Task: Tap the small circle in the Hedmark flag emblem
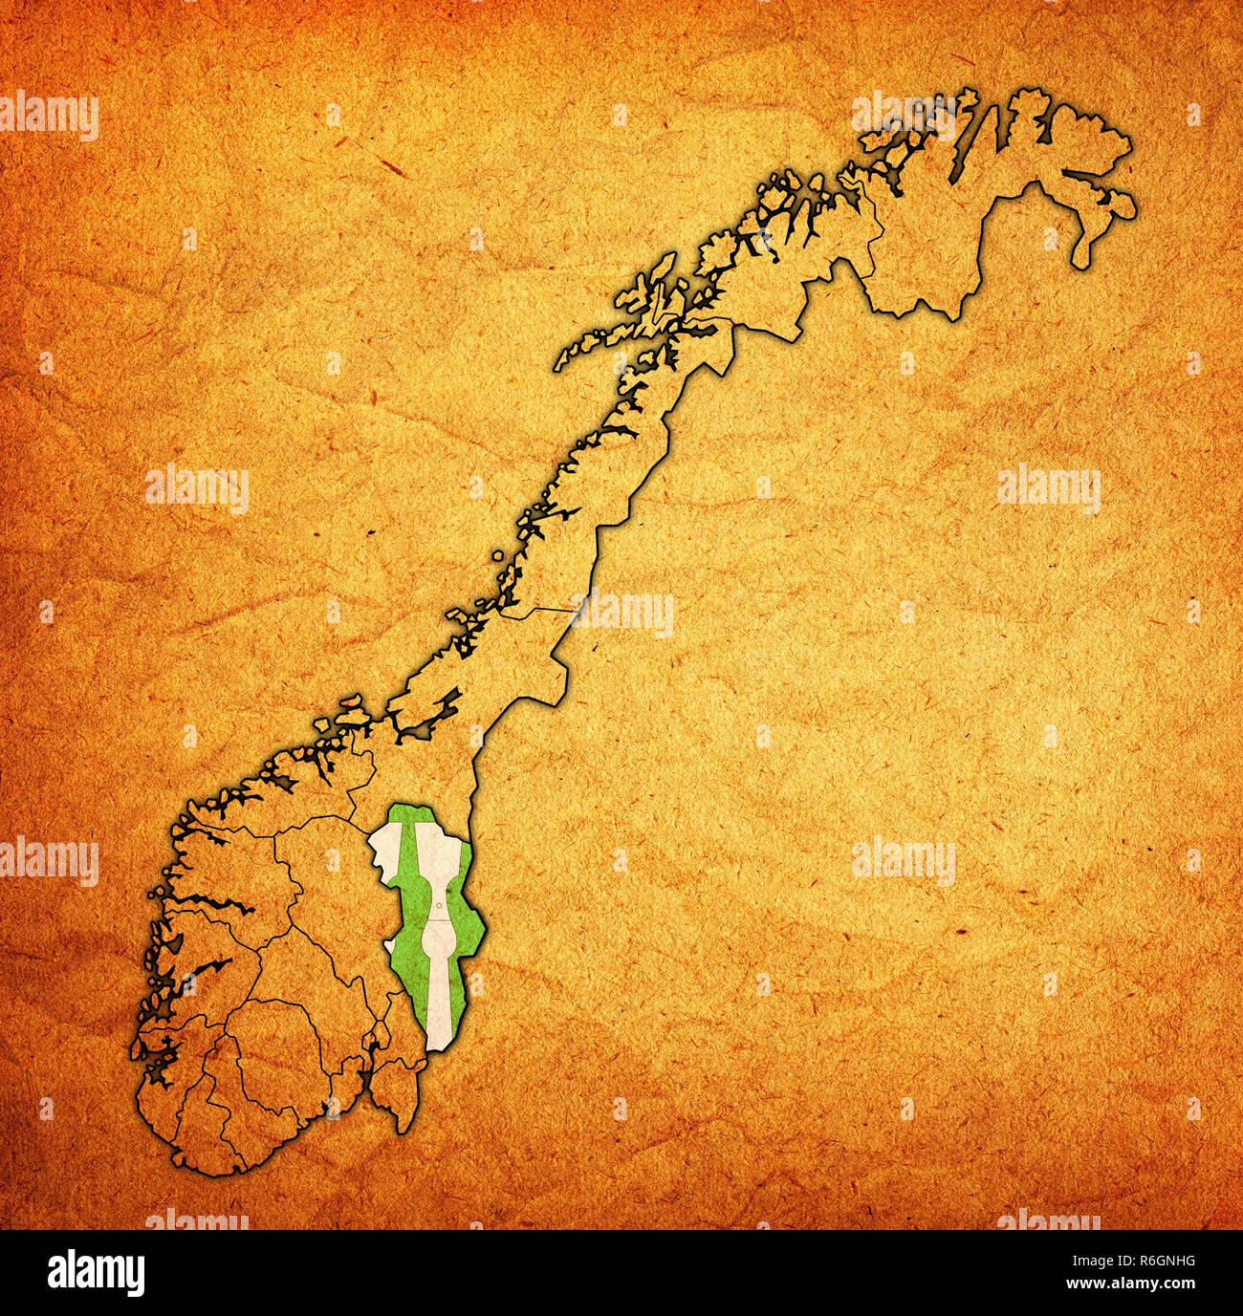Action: [438, 907]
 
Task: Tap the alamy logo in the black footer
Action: [96, 1272]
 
